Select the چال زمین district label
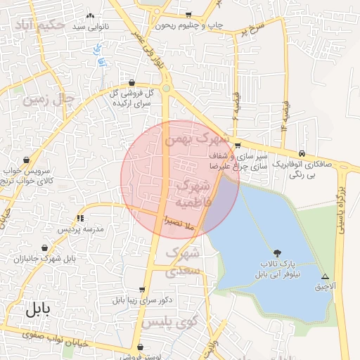click(48, 98)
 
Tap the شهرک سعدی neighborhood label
click(183, 260)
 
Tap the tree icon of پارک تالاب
click(278, 252)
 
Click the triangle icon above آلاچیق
click(325, 276)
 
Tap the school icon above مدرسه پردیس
click(80, 218)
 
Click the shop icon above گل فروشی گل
click(132, 82)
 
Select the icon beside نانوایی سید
click(89, 15)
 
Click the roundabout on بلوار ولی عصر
click(166, 89)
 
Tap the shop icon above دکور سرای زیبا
click(143, 289)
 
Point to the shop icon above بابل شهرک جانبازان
click(46, 247)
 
